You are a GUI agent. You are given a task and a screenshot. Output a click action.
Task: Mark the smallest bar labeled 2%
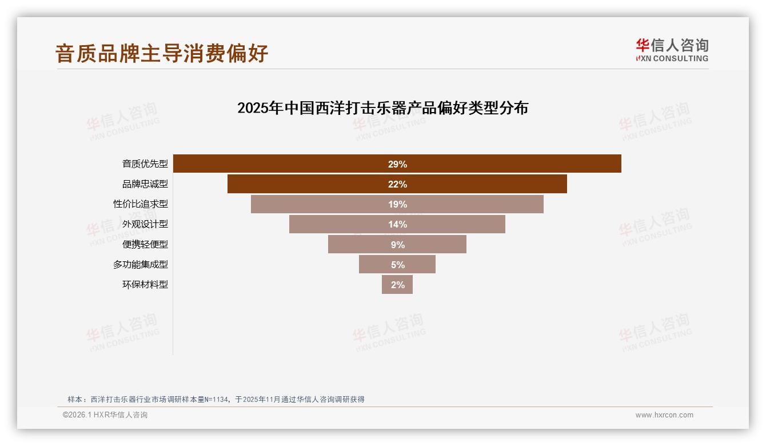[x=397, y=284]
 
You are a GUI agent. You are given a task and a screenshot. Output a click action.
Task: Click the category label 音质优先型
[x=145, y=164]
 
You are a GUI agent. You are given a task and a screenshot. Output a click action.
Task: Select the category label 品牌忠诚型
[x=145, y=184]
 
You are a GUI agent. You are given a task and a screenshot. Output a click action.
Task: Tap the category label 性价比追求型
[x=141, y=204]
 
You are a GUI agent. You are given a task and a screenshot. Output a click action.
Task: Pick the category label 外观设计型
[x=145, y=224]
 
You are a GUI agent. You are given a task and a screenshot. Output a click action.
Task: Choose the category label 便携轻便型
[x=145, y=244]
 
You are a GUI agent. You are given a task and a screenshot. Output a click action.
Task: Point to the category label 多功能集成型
[x=141, y=264]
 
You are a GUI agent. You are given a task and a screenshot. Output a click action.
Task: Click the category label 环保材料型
[x=145, y=284]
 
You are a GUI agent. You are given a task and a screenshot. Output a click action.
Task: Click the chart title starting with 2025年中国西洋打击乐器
[x=382, y=107]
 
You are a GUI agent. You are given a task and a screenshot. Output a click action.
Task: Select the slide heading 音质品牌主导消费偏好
[x=162, y=53]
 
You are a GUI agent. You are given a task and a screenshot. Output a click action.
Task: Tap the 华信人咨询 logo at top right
[x=672, y=50]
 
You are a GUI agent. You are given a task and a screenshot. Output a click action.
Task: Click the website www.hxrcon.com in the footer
[x=664, y=415]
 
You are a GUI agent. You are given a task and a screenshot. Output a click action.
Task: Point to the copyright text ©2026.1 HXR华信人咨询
[x=105, y=415]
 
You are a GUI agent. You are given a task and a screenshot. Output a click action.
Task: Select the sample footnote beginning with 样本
[x=216, y=399]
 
